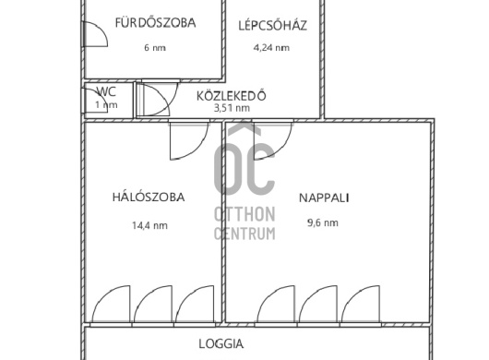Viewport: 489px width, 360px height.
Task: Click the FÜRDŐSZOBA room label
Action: pyautogui.click(x=155, y=23)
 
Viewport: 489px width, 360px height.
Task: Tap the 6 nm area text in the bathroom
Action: pyautogui.click(x=155, y=48)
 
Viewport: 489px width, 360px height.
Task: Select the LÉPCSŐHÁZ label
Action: pyautogui.click(x=272, y=25)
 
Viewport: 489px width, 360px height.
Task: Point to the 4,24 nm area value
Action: pyautogui.click(x=271, y=48)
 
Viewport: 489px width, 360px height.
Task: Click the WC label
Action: pyautogui.click(x=106, y=91)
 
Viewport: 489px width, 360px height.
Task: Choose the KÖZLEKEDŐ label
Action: pyautogui.click(x=232, y=94)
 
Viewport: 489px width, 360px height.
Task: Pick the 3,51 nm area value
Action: pyautogui.click(x=232, y=107)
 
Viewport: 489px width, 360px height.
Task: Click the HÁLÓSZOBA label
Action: pyautogui.click(x=149, y=197)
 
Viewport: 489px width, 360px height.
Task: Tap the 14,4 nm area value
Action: pyautogui.click(x=149, y=224)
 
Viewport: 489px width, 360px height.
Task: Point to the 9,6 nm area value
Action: pyautogui.click(x=322, y=222)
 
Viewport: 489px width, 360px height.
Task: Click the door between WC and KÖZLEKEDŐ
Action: pyautogui.click(x=154, y=99)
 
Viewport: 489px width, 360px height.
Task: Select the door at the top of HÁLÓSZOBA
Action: pyautogui.click(x=189, y=139)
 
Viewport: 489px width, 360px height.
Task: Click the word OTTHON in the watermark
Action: pyautogui.click(x=244, y=214)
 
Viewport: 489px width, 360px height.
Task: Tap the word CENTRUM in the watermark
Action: pyautogui.click(x=244, y=233)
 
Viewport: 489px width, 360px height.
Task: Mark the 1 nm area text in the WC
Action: pyautogui.click(x=106, y=105)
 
